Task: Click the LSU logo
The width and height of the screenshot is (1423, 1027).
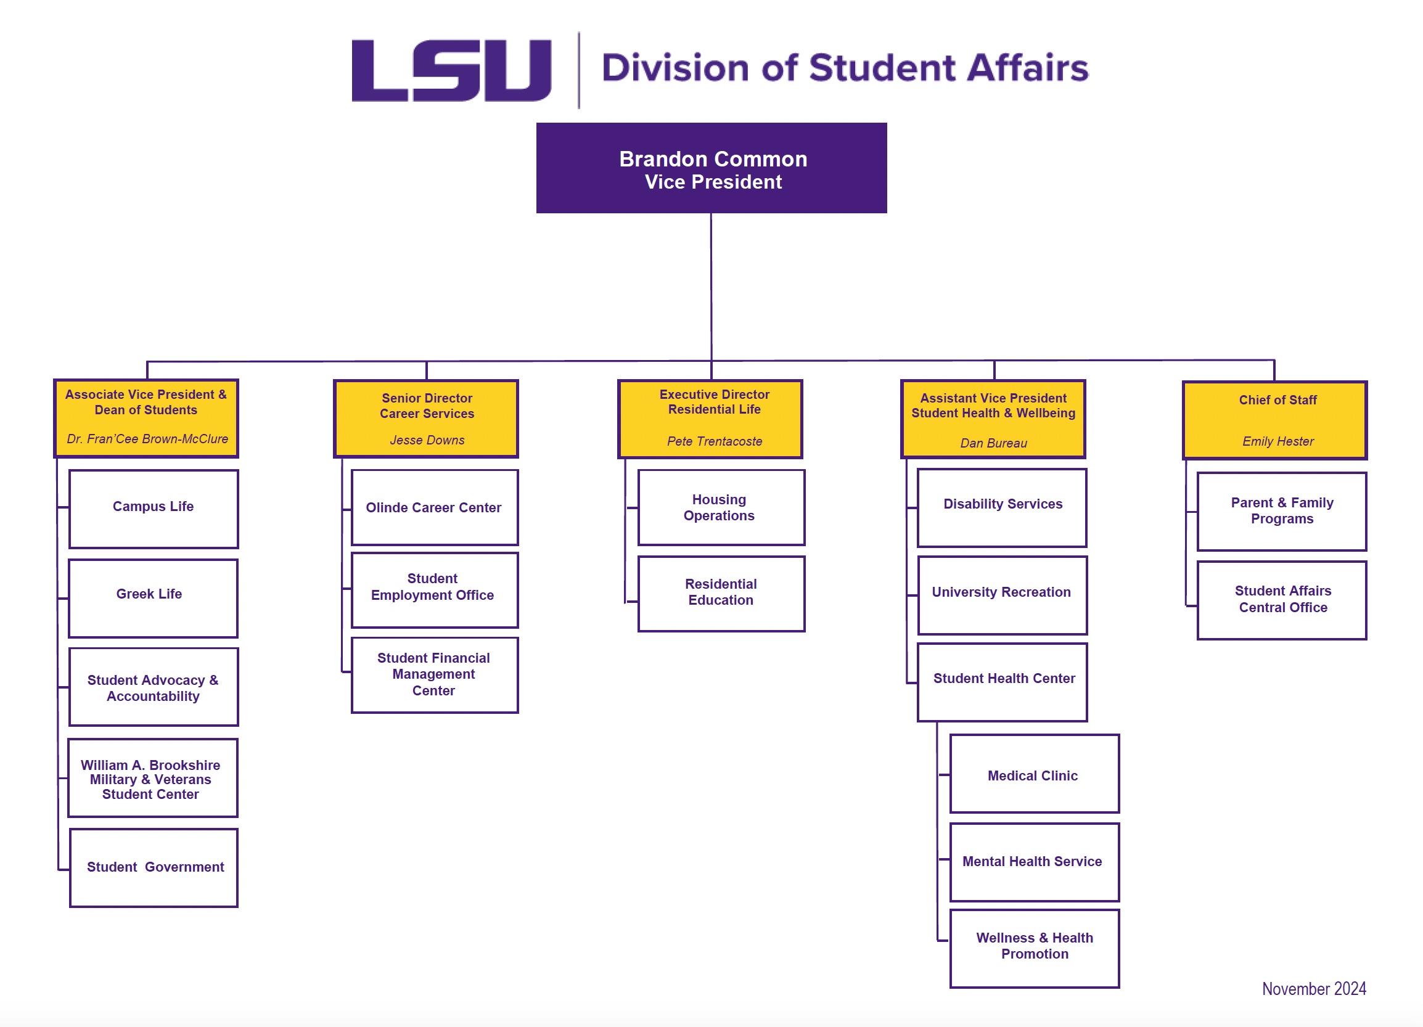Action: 451,70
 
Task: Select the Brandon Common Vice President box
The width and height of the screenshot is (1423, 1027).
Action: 711,168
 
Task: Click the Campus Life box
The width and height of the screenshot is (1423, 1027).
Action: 153,508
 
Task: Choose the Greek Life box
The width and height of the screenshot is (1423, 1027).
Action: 153,597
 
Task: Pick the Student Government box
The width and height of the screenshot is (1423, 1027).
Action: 154,867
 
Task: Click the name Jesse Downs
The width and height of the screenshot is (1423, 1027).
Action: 427,440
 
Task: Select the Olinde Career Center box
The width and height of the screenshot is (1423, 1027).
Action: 434,507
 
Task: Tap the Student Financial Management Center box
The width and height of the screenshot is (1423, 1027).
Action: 434,674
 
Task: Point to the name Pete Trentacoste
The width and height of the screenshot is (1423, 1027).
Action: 714,441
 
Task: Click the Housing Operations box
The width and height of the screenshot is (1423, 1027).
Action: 721,507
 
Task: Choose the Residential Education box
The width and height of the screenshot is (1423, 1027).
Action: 721,593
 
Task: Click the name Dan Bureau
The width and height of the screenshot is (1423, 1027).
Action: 993,444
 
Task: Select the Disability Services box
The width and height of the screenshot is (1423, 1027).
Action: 1002,507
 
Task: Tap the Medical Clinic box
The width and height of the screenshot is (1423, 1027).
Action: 1034,774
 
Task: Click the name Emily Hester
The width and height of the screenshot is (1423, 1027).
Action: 1277,441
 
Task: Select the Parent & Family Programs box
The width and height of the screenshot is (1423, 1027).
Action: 1281,511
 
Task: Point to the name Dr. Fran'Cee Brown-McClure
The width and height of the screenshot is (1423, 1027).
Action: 147,439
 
